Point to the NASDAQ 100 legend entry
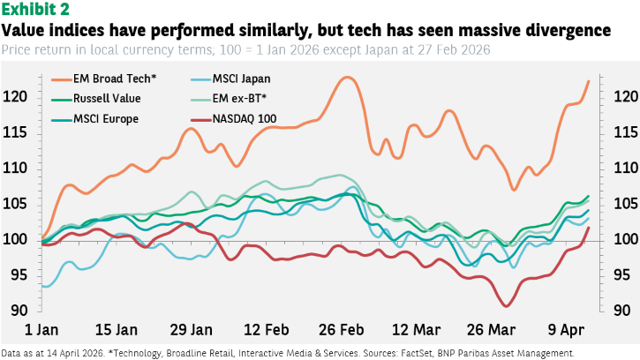tap(245, 117)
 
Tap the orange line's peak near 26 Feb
tap(347, 77)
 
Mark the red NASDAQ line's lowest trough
tap(506, 306)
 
